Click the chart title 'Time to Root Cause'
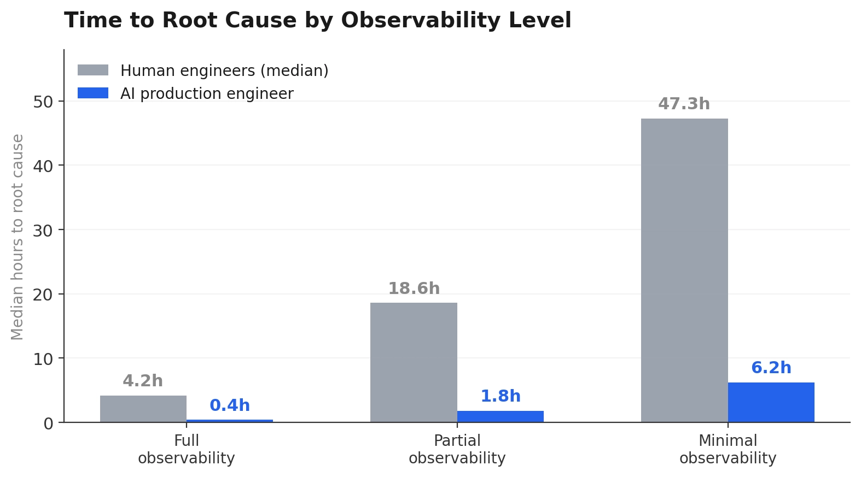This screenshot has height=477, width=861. [317, 21]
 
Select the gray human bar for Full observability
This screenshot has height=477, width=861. [143, 409]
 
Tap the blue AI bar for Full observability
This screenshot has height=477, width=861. [230, 421]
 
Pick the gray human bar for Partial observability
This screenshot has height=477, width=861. [414, 362]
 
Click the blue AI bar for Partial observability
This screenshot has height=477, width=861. [501, 416]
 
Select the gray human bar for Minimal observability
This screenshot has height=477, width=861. [684, 270]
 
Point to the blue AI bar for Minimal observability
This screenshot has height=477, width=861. [771, 402]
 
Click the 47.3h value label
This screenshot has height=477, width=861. [684, 104]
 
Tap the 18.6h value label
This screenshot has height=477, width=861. [414, 288]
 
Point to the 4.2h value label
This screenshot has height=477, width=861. [143, 381]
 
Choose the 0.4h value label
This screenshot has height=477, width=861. [230, 405]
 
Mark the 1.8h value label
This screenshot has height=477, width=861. [501, 396]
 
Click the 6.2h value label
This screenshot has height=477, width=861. [771, 368]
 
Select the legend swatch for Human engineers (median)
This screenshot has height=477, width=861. [93, 70]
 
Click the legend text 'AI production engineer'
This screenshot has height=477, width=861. [207, 93]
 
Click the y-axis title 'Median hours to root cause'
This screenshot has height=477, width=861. [18, 237]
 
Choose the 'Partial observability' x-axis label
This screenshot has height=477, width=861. [457, 449]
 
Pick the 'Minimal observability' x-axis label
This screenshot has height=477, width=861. [728, 449]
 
